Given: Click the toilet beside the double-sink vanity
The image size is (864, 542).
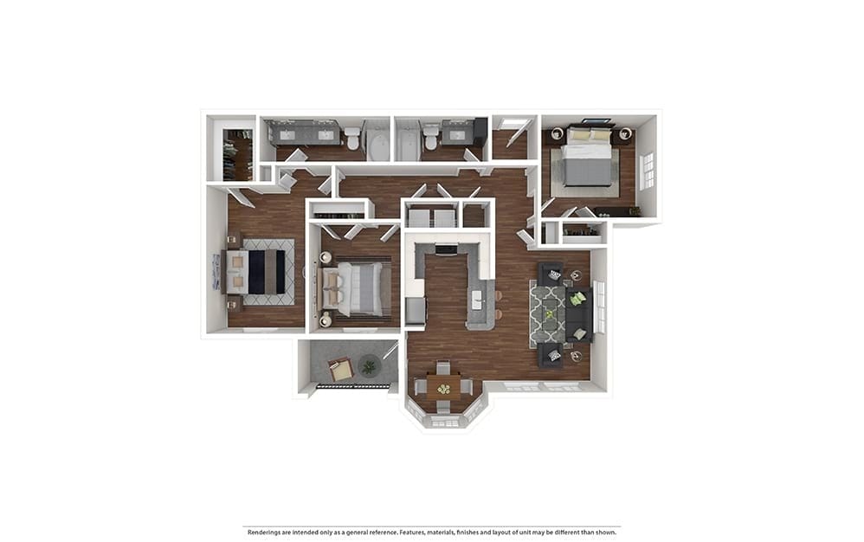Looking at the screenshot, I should click(x=351, y=137).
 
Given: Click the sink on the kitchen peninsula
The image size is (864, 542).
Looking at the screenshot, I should click(x=477, y=300).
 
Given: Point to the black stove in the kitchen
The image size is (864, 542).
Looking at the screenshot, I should click(x=446, y=250).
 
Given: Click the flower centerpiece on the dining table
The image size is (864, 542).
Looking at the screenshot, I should click(x=443, y=389).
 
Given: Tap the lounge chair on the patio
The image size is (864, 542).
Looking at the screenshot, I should click(x=340, y=369).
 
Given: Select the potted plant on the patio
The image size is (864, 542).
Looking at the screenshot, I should click(x=370, y=366).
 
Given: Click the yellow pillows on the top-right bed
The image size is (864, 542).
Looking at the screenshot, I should click(x=589, y=134).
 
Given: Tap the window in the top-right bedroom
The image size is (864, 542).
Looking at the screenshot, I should click(x=647, y=171).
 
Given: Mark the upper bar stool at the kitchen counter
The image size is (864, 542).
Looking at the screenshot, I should click(x=498, y=296).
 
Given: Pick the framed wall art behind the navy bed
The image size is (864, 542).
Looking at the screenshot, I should click(x=216, y=272).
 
